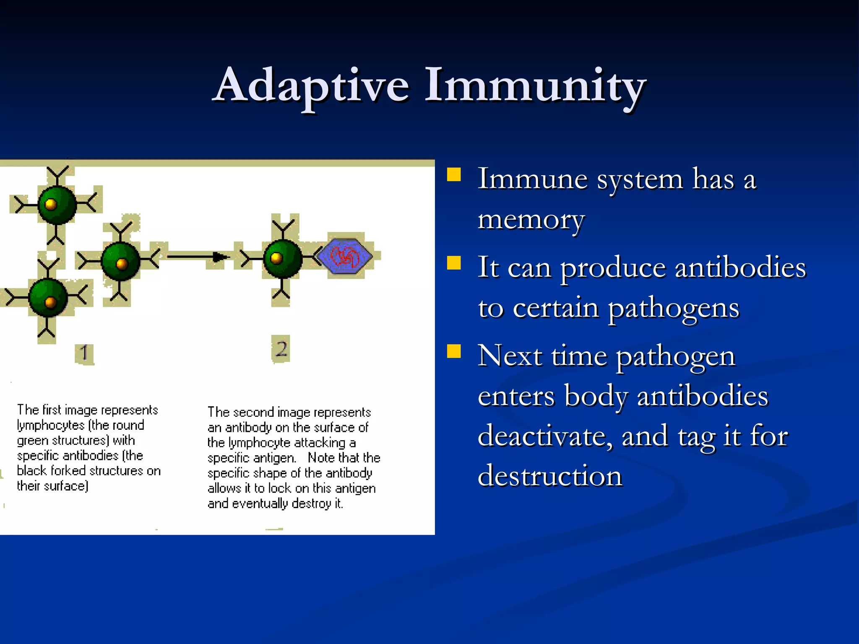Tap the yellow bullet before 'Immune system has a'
(454, 174)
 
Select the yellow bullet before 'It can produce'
(454, 263)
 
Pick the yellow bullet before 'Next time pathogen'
(454, 351)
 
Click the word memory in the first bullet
(531, 219)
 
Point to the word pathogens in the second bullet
(673, 309)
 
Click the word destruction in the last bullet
(550, 476)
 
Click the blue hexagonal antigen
(344, 256)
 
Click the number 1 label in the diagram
(84, 353)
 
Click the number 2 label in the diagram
(281, 348)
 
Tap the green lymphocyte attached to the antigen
(282, 259)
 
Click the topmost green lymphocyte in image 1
(57, 205)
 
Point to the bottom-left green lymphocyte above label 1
(48, 298)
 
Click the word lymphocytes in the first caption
(51, 426)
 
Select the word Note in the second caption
(321, 457)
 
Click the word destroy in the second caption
(311, 504)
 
